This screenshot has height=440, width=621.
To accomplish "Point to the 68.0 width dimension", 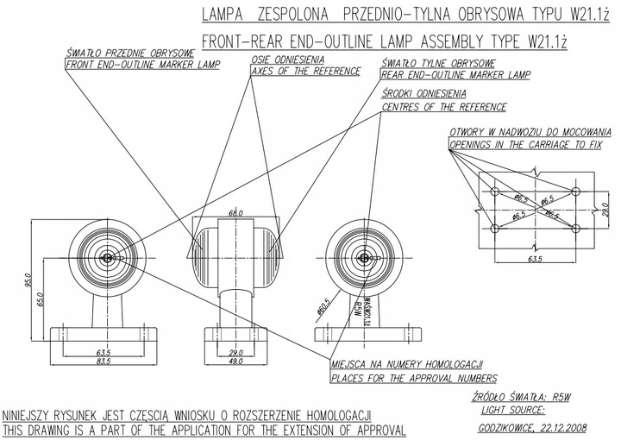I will [x=235, y=212].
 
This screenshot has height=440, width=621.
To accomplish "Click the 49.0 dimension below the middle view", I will [x=235, y=361].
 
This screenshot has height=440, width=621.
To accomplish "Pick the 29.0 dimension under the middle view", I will [x=235, y=352].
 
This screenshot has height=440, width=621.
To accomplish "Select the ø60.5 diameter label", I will [x=323, y=308].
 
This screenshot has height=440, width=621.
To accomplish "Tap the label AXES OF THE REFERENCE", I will [x=298, y=72].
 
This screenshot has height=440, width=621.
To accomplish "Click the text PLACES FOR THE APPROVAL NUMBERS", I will [x=414, y=378].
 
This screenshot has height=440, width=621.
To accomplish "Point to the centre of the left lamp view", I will [x=106, y=256].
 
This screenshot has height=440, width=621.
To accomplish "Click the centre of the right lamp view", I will [x=365, y=256].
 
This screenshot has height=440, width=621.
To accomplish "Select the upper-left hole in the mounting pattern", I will [x=496, y=190].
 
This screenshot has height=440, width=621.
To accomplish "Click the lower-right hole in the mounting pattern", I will [x=578, y=228].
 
